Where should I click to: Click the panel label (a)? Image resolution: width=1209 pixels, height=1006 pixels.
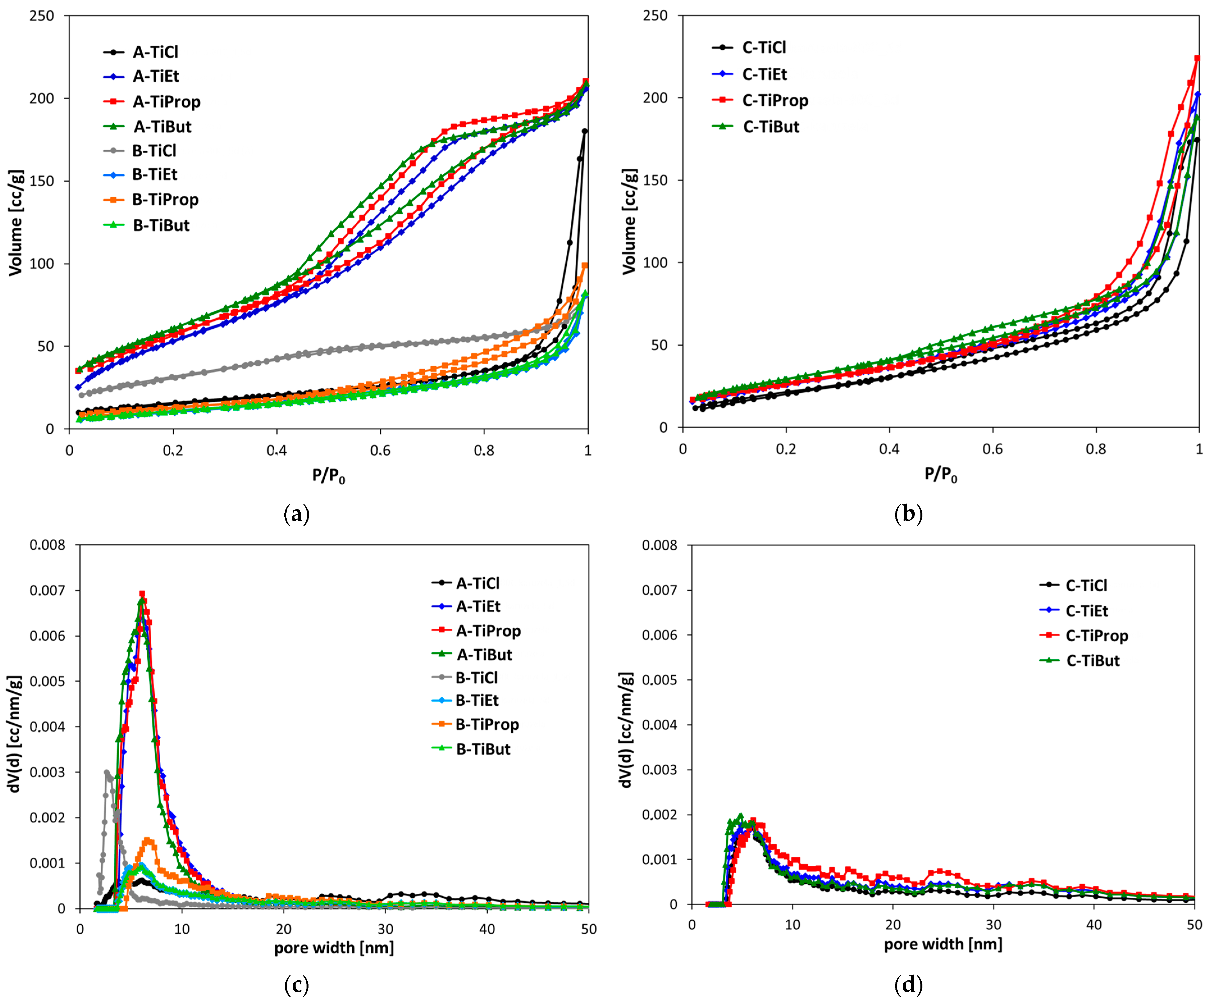[297, 514]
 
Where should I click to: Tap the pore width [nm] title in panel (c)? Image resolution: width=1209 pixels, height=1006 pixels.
[334, 948]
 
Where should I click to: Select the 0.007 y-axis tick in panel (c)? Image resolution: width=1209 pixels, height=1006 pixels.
[49, 590]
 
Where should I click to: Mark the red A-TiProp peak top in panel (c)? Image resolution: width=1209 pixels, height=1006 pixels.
[142, 594]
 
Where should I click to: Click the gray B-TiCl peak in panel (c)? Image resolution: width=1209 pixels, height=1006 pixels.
[106, 772]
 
